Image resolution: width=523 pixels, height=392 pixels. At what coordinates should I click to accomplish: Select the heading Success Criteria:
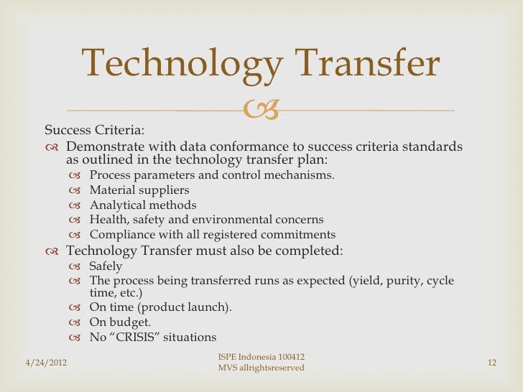click(x=94, y=130)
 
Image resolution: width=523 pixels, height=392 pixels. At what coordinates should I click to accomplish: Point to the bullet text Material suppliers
click(x=139, y=190)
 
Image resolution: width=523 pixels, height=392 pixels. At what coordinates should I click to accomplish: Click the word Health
click(x=106, y=220)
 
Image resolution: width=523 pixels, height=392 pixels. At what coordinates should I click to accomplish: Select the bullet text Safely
click(x=106, y=266)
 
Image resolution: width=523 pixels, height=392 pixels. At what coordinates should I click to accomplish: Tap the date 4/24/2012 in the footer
click(x=41, y=363)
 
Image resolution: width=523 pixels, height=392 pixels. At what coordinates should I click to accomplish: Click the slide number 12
click(x=491, y=363)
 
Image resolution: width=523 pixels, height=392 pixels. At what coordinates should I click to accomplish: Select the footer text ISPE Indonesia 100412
click(x=261, y=357)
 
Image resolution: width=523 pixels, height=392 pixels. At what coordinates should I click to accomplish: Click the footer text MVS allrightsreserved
click(x=261, y=368)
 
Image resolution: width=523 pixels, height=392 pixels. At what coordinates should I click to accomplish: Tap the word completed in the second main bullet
click(x=308, y=251)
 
